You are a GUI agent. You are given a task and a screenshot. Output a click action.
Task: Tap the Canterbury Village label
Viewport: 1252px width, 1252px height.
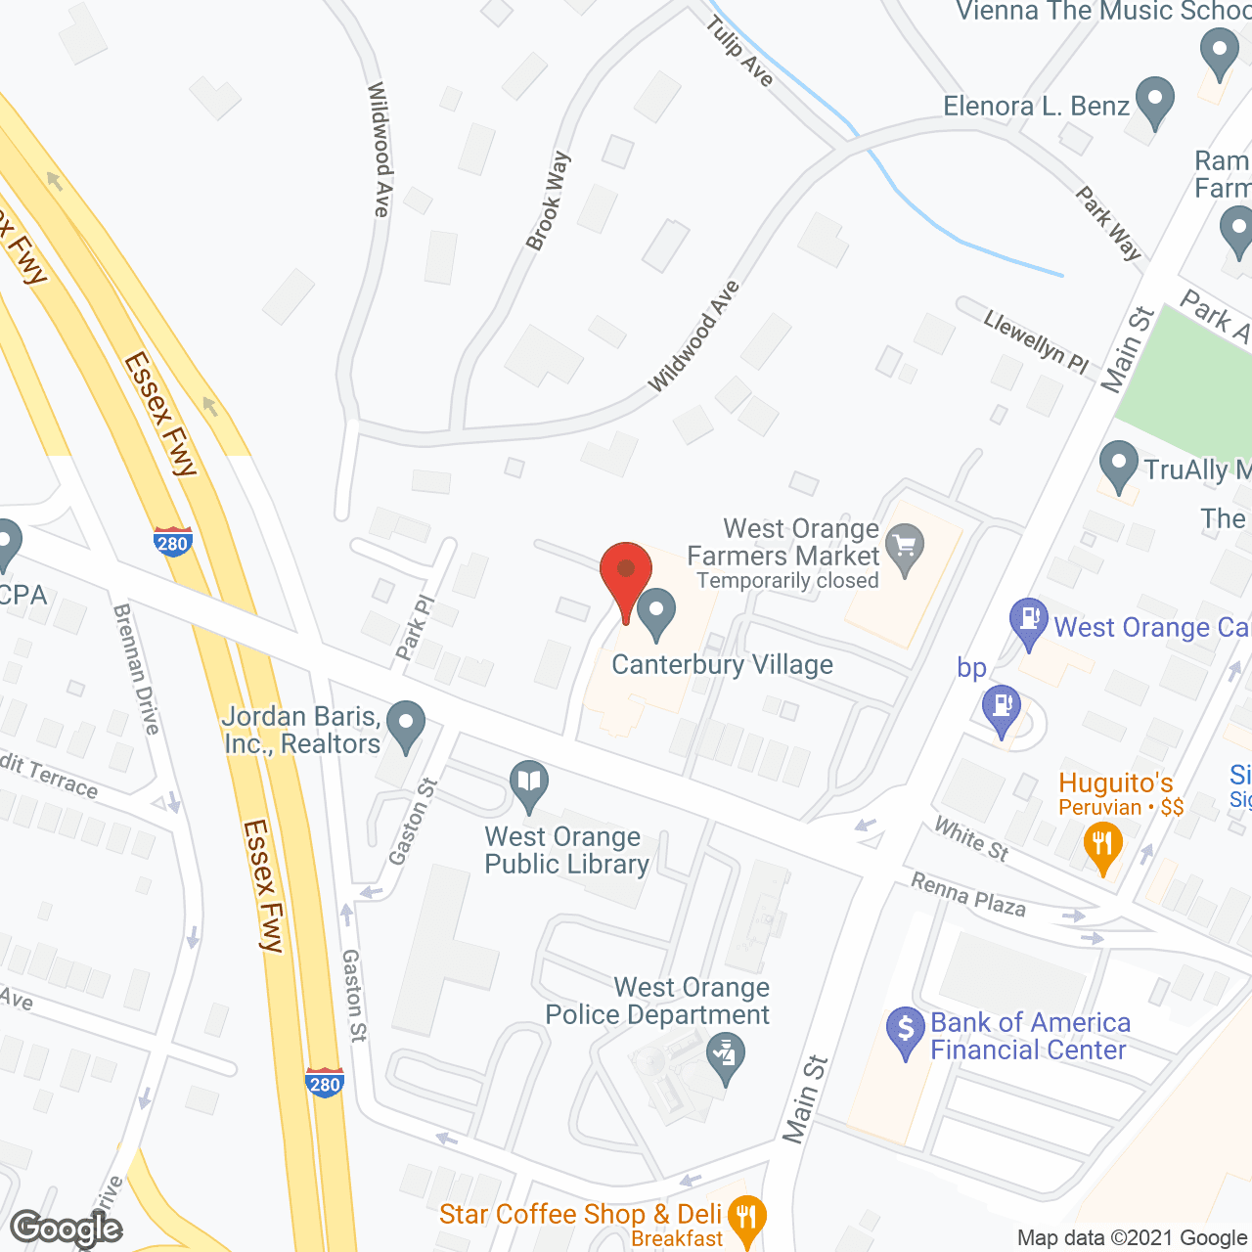tap(722, 665)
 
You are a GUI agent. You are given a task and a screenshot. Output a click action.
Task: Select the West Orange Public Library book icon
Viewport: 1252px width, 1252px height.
tap(529, 784)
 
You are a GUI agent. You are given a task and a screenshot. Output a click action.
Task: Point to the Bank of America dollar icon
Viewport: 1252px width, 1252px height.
tap(906, 1031)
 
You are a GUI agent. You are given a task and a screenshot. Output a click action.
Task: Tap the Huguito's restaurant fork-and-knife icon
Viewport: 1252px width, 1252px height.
tap(1102, 846)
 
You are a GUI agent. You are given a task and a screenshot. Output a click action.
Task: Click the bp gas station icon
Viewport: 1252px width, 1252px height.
tap(1001, 708)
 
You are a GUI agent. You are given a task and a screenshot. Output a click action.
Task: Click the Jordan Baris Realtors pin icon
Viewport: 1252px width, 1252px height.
tap(406, 727)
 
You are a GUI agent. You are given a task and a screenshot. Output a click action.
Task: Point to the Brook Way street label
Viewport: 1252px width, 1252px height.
tap(548, 201)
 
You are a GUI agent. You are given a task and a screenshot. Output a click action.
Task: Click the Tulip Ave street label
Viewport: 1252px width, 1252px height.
tap(740, 52)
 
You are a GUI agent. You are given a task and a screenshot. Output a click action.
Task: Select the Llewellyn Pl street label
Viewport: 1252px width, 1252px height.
tap(1036, 341)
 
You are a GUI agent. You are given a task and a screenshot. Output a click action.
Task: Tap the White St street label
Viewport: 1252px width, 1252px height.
tap(970, 839)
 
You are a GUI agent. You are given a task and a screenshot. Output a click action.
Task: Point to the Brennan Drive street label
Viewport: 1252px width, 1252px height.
tap(136, 669)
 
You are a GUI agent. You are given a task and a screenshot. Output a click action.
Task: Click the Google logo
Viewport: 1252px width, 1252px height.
tap(67, 1229)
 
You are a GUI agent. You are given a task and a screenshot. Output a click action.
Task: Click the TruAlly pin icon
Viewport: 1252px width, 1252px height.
tap(1118, 466)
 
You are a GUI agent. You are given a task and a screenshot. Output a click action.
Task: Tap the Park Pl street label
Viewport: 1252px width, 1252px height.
tap(415, 627)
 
